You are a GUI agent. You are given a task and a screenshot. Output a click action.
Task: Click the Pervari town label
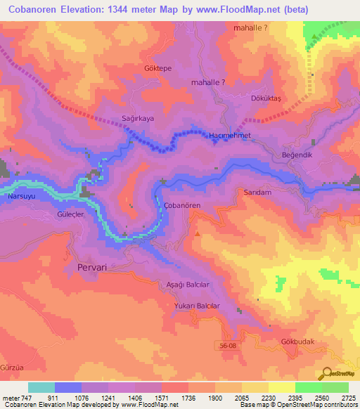(91, 268)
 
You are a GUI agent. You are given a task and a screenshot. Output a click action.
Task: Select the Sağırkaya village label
(138, 119)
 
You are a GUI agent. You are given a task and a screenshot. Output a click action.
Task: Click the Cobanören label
(182, 204)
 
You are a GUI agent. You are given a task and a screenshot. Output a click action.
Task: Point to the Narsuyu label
(20, 197)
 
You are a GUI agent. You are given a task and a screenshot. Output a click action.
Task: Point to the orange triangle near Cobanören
(198, 233)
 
